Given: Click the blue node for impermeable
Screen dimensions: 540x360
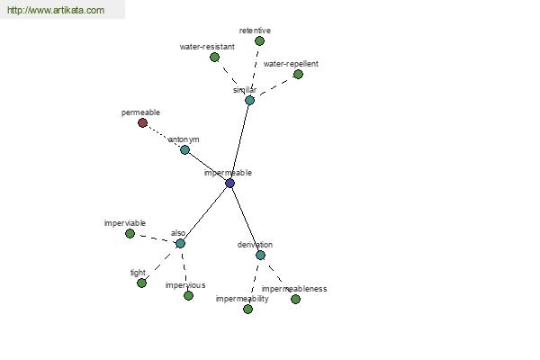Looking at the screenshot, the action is click(230, 184).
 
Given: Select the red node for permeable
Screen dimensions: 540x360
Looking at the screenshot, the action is click(142, 122).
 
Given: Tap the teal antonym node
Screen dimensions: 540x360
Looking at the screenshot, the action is click(184, 150).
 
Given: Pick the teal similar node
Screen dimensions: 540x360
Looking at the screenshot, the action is click(249, 101).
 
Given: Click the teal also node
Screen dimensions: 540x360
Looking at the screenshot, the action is click(180, 244).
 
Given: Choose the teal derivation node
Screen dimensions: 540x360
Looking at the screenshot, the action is click(260, 255).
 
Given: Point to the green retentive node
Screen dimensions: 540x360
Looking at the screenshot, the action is click(260, 41).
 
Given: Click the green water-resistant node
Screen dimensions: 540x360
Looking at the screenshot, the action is click(214, 58).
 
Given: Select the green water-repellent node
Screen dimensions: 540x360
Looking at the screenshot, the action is click(298, 75).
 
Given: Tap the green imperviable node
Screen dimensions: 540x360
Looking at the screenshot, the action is click(130, 234).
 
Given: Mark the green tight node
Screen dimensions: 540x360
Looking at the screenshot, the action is click(141, 283).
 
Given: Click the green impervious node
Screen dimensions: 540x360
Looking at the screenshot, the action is click(188, 295).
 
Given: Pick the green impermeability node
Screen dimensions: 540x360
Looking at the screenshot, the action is click(248, 309).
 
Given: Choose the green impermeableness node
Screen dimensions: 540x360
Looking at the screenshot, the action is click(295, 299).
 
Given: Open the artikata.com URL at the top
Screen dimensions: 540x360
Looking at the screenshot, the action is click(56, 10).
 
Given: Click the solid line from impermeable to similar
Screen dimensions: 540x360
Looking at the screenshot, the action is click(240, 142).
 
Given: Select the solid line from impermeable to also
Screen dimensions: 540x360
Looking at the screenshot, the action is click(205, 213).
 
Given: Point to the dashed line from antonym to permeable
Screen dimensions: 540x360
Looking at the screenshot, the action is click(164, 137).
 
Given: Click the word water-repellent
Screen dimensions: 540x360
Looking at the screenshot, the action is click(291, 64).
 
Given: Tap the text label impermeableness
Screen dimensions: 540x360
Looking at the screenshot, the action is click(294, 289).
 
